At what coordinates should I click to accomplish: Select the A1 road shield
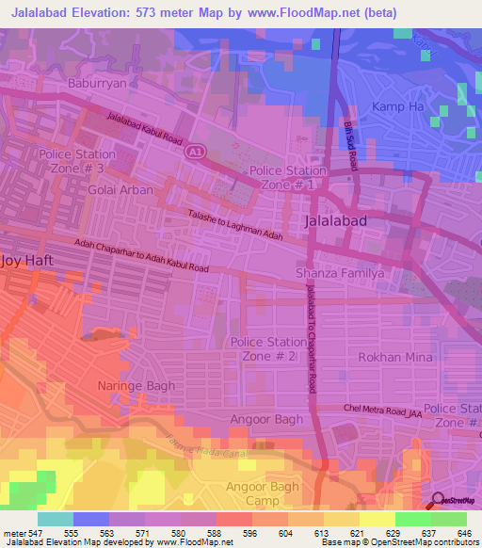195,151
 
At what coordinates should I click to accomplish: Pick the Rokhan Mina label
394,358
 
